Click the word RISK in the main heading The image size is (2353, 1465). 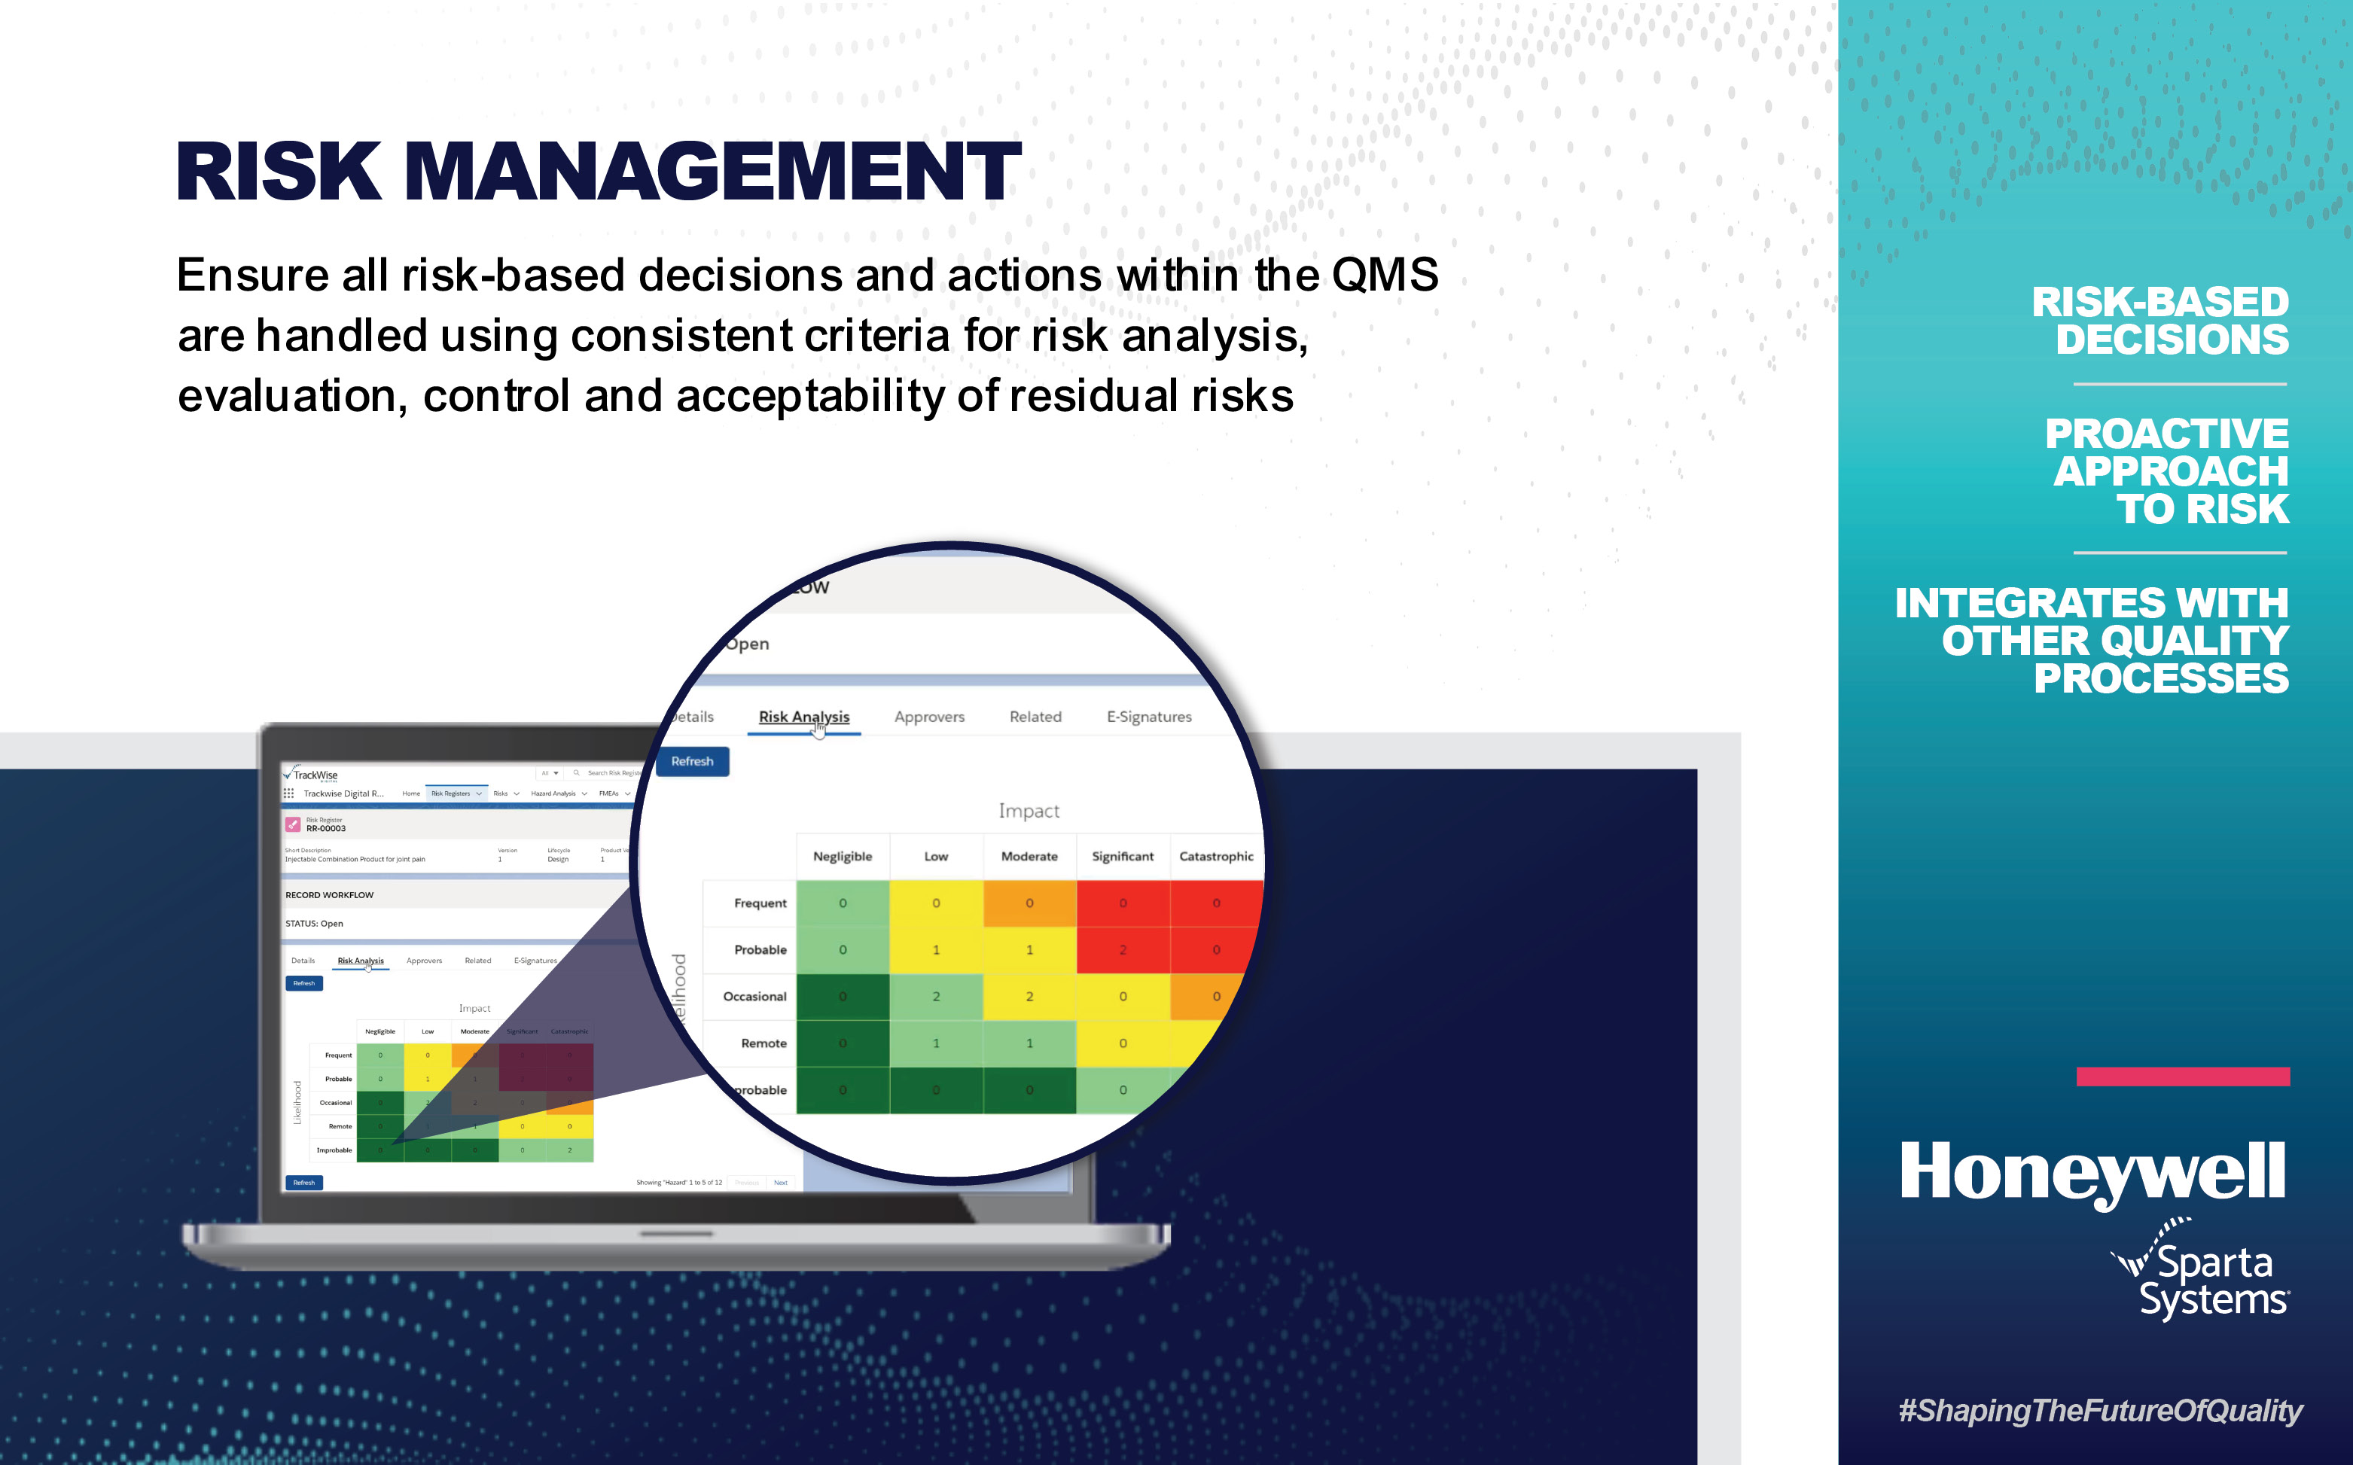pos(279,172)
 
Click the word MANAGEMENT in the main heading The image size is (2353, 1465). pos(712,172)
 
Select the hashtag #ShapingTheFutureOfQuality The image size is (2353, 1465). pos(2099,1411)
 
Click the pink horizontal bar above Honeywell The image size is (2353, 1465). pos(2182,1077)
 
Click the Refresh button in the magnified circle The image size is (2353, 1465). pos(692,762)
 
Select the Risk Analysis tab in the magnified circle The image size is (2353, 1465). pos(803,717)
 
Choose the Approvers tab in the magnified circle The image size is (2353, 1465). pos(928,717)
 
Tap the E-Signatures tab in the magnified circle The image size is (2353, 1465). pos(1148,717)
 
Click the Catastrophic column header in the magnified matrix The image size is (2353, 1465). pos(1215,857)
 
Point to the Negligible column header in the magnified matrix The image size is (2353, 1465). pos(842,857)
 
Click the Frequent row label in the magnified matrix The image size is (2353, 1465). pos(760,903)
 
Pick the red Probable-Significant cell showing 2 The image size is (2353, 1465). pos(1122,949)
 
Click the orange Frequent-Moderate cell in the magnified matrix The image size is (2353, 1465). pos(1029,903)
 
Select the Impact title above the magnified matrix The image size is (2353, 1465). pos(1029,811)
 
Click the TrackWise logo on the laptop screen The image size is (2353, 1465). pos(312,775)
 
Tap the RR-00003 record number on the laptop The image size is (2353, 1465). pos(325,828)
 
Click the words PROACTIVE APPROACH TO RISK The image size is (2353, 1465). pos(2169,472)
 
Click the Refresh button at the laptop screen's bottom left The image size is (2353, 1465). pos(304,1182)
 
